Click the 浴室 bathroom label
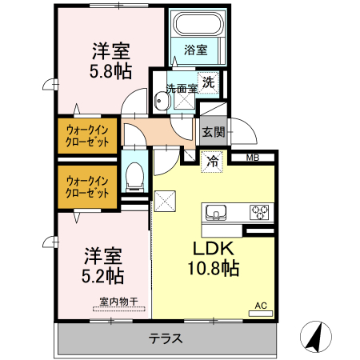point(195,50)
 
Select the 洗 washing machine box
point(208,81)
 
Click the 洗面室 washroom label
point(181,88)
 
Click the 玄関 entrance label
point(212,131)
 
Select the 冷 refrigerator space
point(213,162)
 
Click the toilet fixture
point(135,175)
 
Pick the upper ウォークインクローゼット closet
point(87,134)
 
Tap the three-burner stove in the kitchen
point(260,212)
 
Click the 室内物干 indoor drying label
point(118,302)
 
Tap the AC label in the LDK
point(260,305)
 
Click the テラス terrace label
point(166,338)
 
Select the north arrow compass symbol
point(316,336)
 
